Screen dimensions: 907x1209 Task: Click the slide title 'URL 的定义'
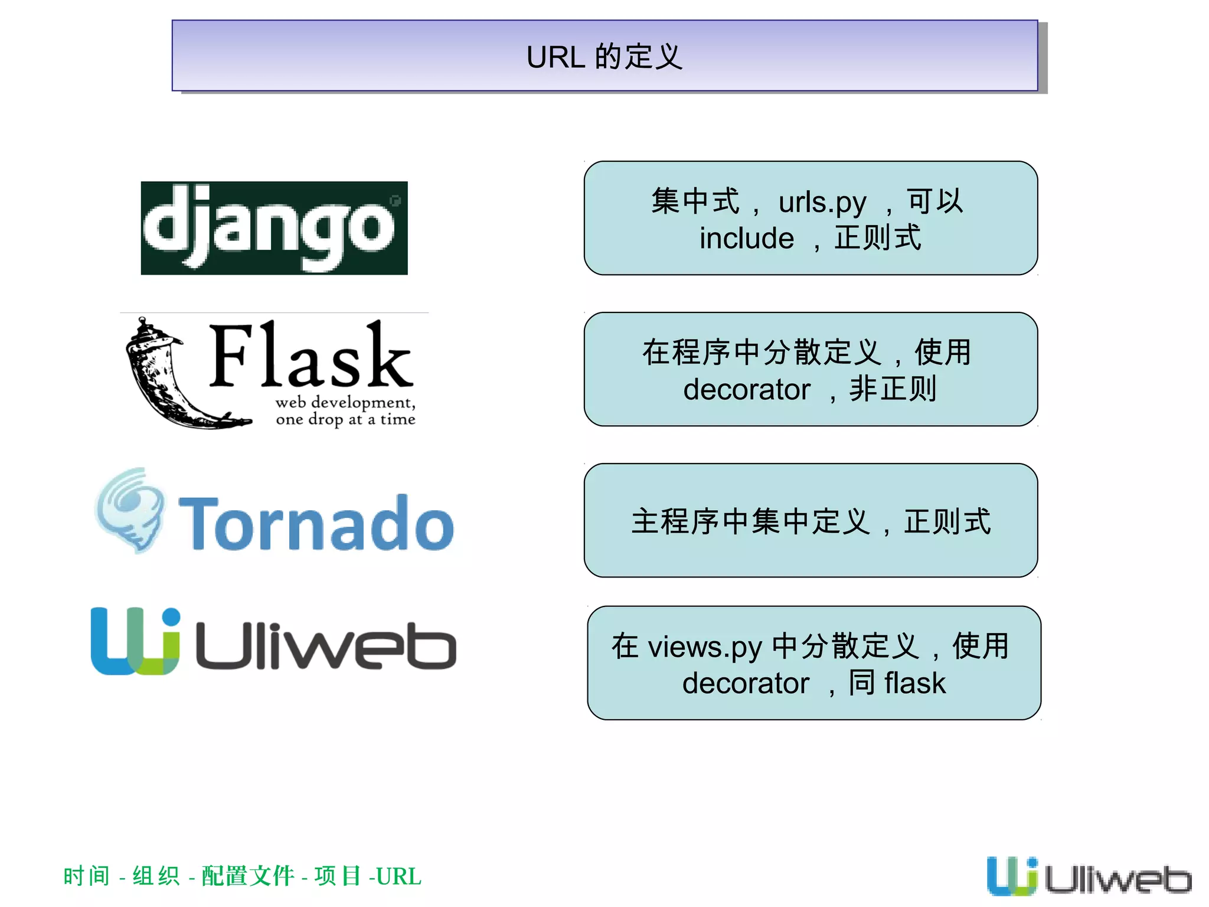point(604,57)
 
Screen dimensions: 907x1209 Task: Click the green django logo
point(274,228)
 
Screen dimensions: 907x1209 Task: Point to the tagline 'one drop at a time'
point(345,419)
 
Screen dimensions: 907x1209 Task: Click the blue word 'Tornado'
point(316,523)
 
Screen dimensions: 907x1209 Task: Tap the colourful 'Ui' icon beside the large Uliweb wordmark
point(135,641)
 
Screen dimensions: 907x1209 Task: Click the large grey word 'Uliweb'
point(325,646)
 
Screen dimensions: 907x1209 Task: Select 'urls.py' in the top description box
point(822,203)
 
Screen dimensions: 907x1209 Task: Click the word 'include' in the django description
point(746,239)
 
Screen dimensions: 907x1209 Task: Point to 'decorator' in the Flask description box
point(746,390)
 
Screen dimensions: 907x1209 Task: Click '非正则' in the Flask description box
point(893,389)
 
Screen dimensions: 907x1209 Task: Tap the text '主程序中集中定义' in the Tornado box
point(750,521)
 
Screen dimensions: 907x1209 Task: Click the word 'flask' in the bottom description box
point(914,683)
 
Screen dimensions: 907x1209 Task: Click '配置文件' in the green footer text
point(248,876)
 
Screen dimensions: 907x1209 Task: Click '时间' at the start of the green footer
point(86,876)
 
